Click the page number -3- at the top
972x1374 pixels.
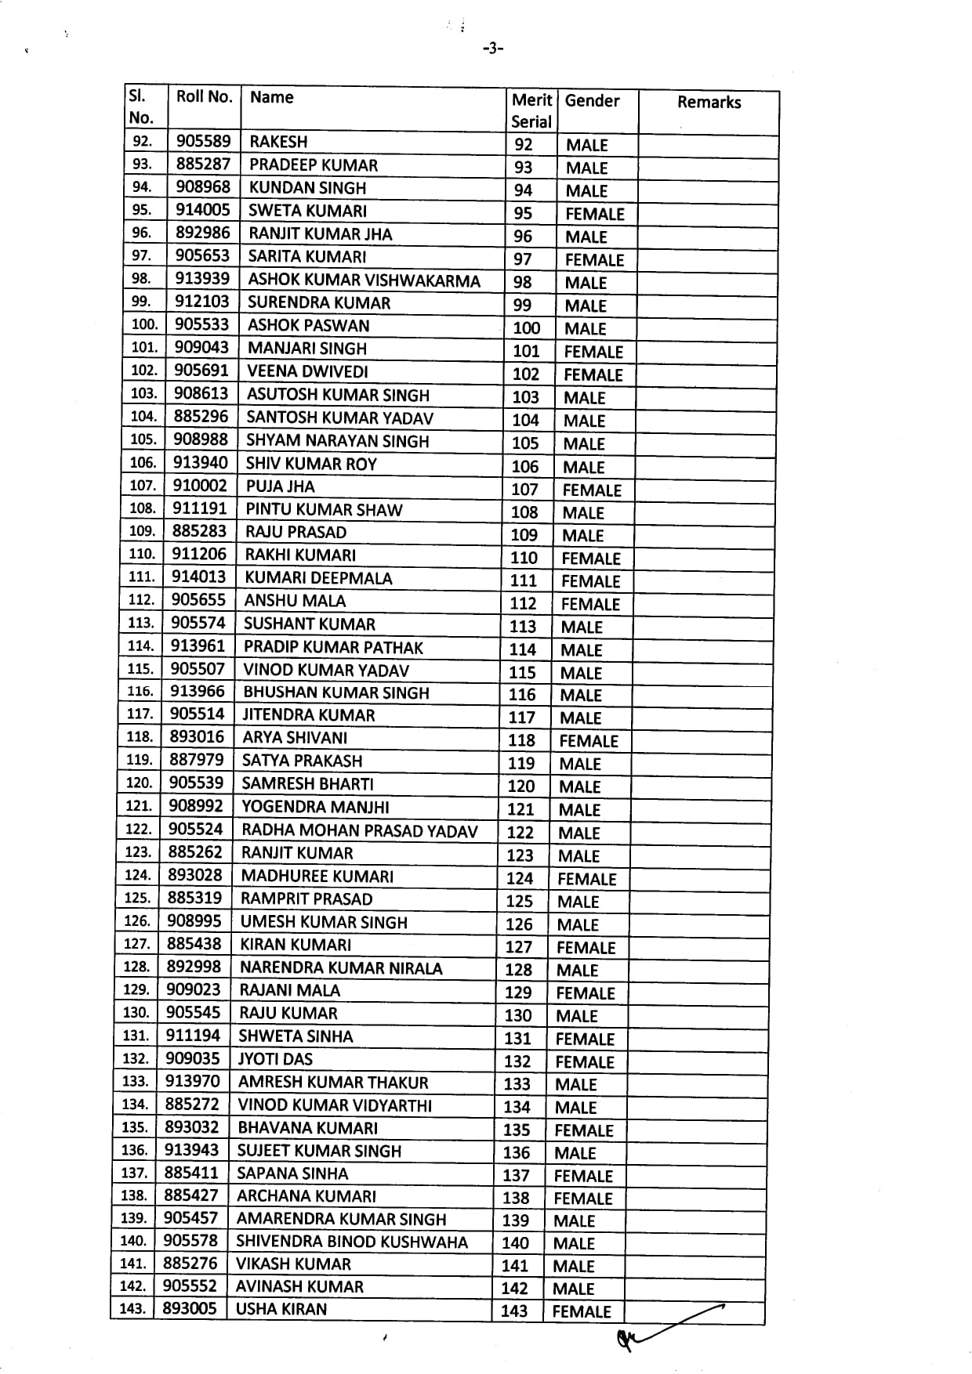click(492, 49)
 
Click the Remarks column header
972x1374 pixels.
click(709, 102)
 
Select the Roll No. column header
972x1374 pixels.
click(204, 96)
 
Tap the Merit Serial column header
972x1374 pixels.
click(531, 110)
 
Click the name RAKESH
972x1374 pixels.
click(278, 142)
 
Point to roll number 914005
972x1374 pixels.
click(202, 210)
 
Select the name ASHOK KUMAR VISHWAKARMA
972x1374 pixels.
click(364, 280)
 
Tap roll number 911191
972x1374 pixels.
click(199, 508)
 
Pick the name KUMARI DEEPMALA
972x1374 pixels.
click(318, 578)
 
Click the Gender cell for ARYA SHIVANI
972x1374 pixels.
click(588, 741)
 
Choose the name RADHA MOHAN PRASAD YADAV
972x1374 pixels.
click(359, 830)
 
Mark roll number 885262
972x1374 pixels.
click(195, 852)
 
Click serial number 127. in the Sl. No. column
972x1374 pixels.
click(137, 944)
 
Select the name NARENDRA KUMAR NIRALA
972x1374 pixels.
click(340, 968)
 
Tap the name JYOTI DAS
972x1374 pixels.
click(275, 1059)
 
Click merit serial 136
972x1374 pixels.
click(517, 1153)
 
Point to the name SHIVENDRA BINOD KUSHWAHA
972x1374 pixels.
click(351, 1242)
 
